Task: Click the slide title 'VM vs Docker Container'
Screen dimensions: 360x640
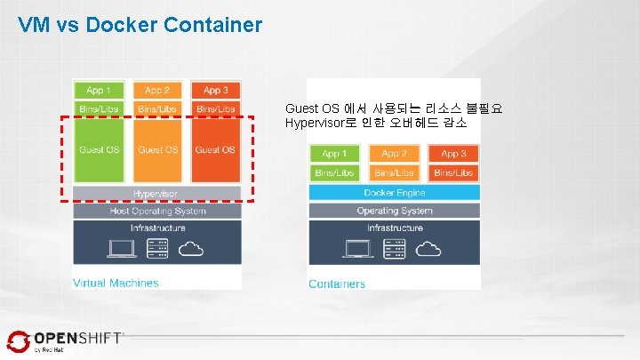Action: coord(140,24)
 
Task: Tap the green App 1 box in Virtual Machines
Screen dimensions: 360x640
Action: coord(99,90)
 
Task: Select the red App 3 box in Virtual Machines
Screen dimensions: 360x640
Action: coord(215,90)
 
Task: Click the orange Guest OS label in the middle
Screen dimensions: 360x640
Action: coord(157,149)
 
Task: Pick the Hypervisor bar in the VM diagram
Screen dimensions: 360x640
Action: coord(156,193)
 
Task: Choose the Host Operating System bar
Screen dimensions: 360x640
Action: coord(156,211)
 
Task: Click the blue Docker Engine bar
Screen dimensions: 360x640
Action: coord(394,192)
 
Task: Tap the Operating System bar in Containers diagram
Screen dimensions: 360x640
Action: coord(394,211)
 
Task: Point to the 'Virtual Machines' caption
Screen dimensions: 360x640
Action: coord(116,283)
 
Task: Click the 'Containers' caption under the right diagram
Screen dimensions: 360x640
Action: coord(337,284)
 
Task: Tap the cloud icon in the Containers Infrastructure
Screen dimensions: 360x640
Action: coord(430,249)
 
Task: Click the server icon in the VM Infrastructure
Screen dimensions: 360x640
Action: coord(156,249)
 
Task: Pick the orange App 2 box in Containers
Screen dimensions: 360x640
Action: coord(394,154)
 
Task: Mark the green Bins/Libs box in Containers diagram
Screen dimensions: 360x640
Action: coord(334,172)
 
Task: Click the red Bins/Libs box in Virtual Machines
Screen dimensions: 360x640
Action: coord(215,108)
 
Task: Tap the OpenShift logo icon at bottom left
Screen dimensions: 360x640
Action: coord(19,342)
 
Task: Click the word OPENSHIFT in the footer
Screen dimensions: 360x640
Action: coord(77,338)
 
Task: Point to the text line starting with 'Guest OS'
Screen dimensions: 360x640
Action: coord(393,108)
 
